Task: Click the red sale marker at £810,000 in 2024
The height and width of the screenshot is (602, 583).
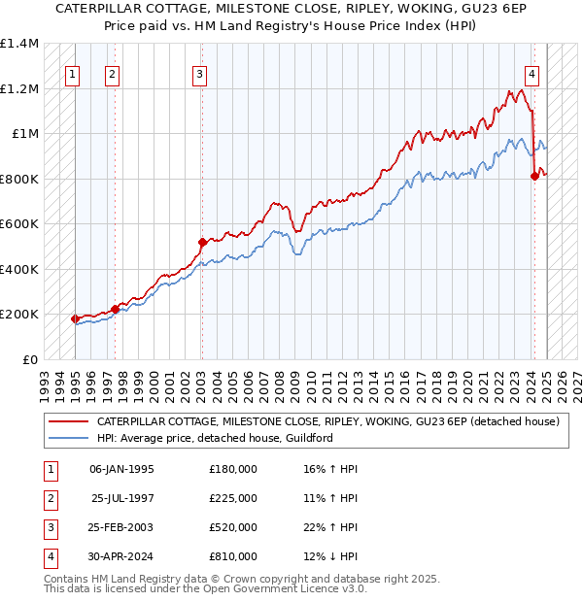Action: (x=534, y=176)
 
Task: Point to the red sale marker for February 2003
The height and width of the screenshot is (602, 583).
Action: (x=202, y=242)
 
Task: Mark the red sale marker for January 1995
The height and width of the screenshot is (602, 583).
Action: (x=75, y=318)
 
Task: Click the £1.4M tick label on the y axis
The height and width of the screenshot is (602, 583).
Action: (x=19, y=45)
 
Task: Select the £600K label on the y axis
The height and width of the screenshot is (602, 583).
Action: (x=19, y=224)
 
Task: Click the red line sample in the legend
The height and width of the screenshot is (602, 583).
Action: (x=68, y=422)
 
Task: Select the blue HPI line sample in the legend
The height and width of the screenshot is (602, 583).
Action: (x=68, y=438)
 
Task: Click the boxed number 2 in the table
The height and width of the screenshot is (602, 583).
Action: (x=50, y=498)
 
